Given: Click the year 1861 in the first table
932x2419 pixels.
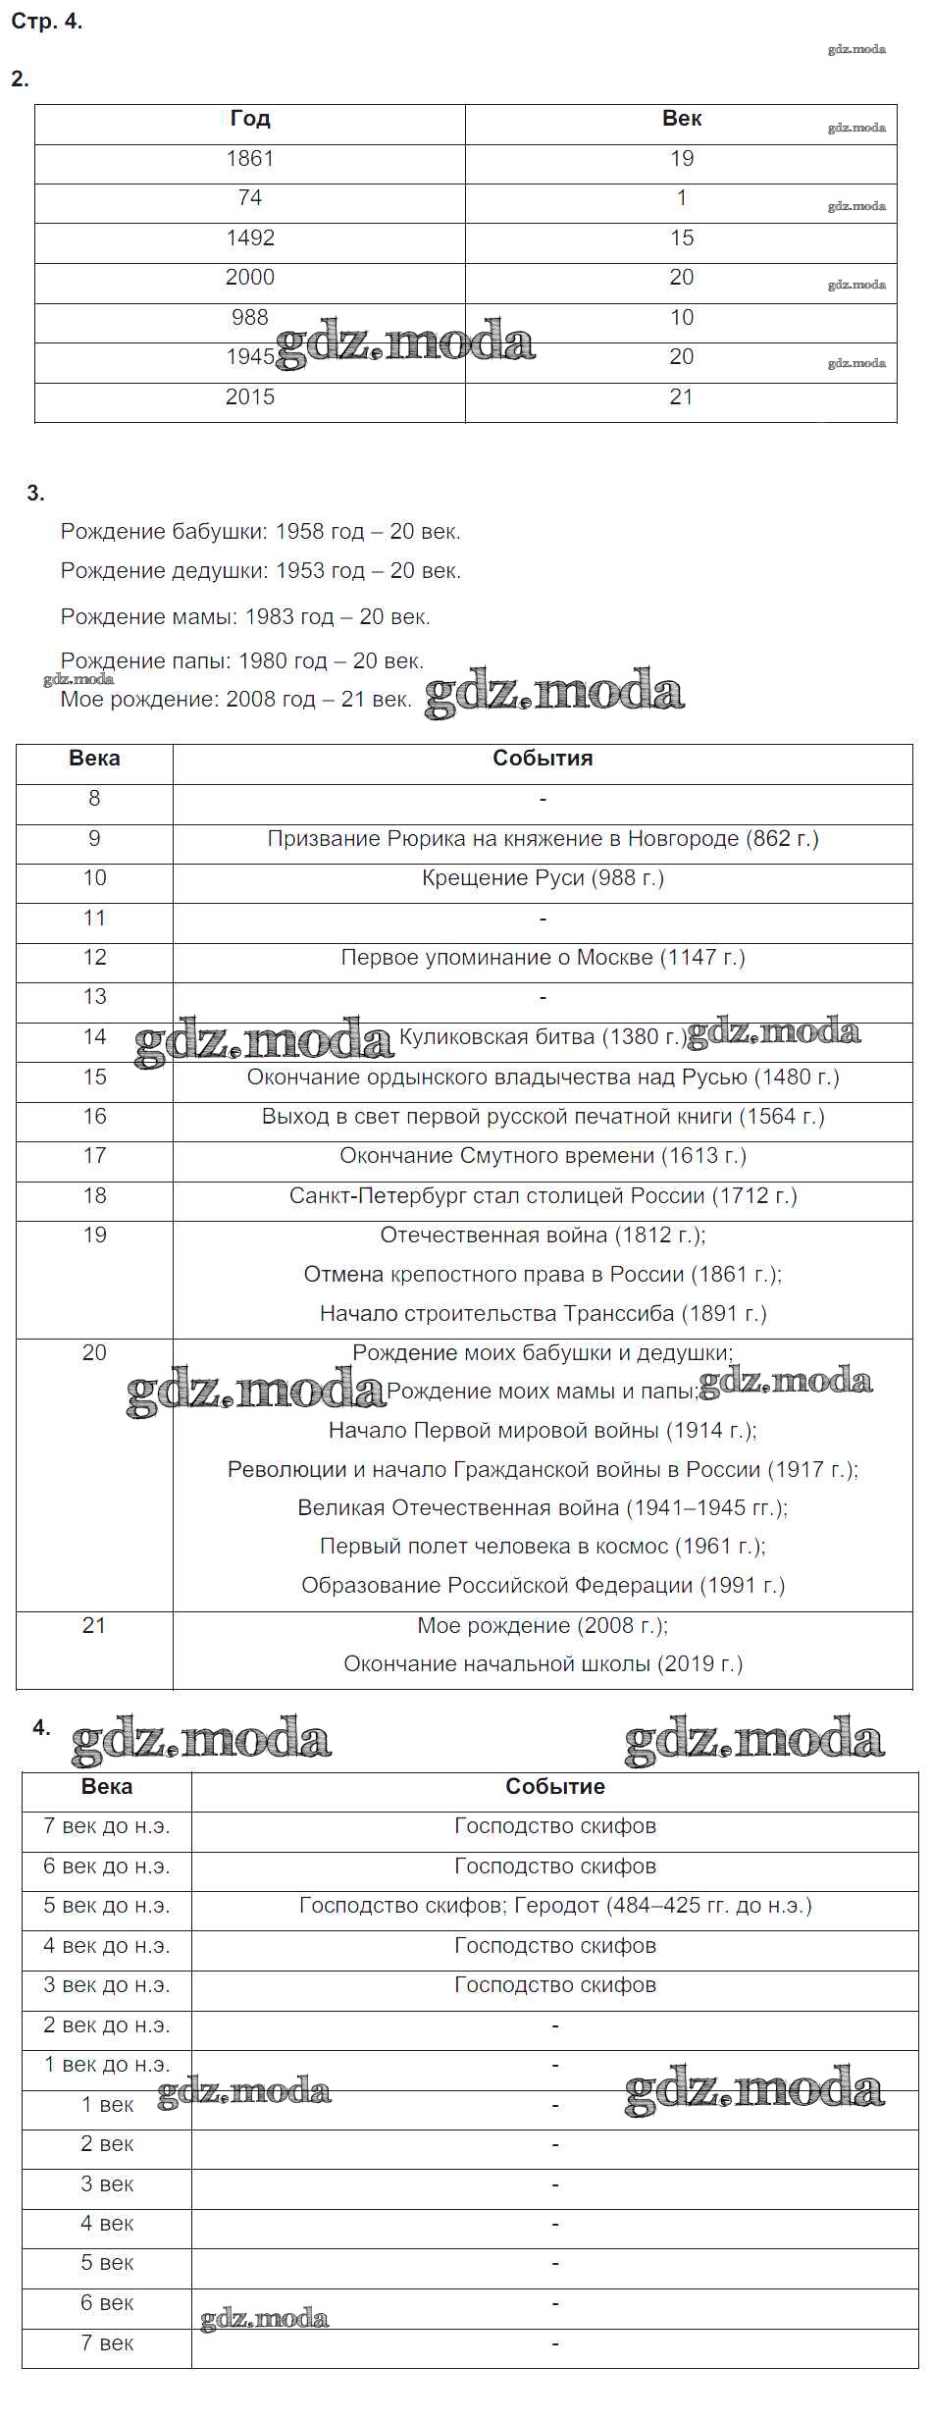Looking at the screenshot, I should (250, 159).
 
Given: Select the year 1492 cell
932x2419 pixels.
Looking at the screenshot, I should (250, 238).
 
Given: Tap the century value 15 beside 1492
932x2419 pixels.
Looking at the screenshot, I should (682, 238).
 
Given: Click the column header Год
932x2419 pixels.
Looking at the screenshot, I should (250, 119).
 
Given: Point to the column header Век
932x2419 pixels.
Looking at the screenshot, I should (682, 119).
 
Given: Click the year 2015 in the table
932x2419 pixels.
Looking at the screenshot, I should (250, 397).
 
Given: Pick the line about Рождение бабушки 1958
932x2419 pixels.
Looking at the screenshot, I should (260, 532).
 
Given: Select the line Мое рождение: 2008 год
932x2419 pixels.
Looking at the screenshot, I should (235, 700).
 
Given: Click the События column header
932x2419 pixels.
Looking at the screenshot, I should (543, 759).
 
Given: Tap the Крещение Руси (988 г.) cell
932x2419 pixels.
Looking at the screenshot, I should (543, 878).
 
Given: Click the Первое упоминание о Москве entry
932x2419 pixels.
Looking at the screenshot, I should (543, 958).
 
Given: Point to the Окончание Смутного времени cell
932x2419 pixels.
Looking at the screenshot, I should (543, 1156).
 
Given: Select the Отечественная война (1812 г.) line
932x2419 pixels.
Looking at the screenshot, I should (543, 1236).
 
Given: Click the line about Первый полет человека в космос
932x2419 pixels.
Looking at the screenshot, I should (543, 1547).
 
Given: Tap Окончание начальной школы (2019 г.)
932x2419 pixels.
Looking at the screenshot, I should (543, 1664).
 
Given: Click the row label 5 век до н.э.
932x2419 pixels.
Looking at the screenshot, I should (107, 1906).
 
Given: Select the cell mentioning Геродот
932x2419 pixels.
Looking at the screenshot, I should (555, 1906).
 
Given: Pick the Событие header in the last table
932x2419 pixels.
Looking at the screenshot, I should (555, 1787).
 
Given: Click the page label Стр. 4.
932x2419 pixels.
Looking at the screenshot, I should (46, 22).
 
